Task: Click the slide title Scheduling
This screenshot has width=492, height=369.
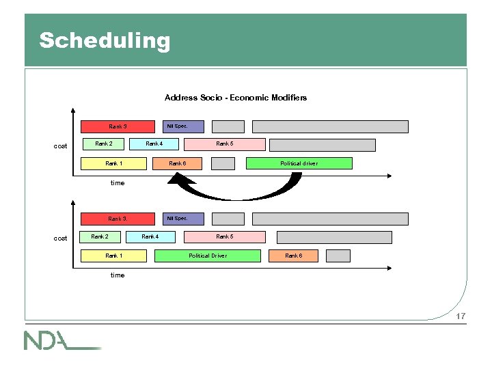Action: click(x=104, y=40)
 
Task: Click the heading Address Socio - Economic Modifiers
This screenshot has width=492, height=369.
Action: click(x=236, y=98)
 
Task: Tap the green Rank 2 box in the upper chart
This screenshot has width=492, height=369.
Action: click(x=104, y=144)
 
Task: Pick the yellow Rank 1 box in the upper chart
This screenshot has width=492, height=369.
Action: click(x=113, y=163)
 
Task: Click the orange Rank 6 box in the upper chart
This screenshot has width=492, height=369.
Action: click(x=177, y=163)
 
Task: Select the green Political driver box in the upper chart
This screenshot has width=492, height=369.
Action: click(x=299, y=163)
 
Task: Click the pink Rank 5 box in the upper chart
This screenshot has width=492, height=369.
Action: click(x=224, y=144)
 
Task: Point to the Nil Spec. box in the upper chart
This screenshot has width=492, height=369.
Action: click(x=177, y=126)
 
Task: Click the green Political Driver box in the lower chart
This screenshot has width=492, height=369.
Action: click(x=208, y=256)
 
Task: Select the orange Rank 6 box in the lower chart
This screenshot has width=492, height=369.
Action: click(x=292, y=256)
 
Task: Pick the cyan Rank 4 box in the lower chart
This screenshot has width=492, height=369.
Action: click(x=150, y=237)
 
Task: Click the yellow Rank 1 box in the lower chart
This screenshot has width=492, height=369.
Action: click(x=113, y=256)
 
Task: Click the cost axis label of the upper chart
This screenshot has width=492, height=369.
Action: click(x=61, y=146)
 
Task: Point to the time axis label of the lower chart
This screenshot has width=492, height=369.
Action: click(x=118, y=275)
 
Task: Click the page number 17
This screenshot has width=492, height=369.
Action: click(x=461, y=316)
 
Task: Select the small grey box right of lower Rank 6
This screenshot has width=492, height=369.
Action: click(x=338, y=256)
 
